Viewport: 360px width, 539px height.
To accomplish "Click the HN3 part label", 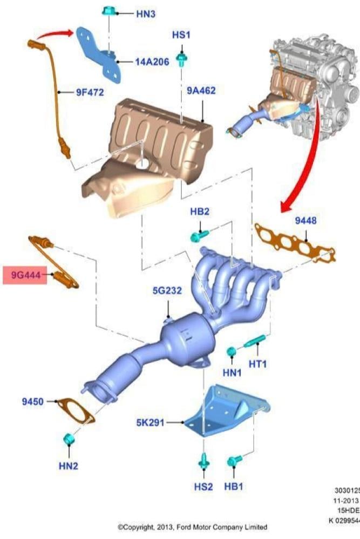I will click(144, 15).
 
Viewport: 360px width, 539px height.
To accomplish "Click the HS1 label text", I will click(182, 34).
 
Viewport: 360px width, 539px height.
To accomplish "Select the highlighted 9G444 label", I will click(25, 275).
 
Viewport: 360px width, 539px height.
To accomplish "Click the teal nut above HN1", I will click(231, 352).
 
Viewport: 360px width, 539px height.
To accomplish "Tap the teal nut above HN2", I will click(69, 440).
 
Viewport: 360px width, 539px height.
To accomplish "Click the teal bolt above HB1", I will click(234, 462).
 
